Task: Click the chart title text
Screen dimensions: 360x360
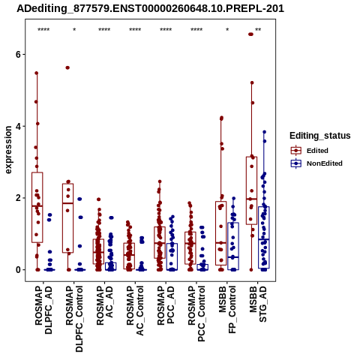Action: click(150, 8)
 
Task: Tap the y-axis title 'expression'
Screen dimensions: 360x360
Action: click(8, 150)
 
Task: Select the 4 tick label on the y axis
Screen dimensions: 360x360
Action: click(18, 126)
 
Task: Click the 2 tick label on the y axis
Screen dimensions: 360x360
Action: click(18, 198)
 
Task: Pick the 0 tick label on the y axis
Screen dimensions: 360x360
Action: click(18, 270)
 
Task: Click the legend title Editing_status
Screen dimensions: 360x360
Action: click(320, 136)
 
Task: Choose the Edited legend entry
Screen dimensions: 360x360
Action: click(309, 151)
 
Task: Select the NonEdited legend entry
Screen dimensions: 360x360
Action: click(316, 163)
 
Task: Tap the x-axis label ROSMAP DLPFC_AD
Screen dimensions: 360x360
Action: click(43, 310)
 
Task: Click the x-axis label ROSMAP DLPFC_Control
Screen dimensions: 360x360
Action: click(74, 319)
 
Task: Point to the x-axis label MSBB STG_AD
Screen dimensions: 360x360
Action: click(258, 304)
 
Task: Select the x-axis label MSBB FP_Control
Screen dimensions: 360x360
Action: click(227, 310)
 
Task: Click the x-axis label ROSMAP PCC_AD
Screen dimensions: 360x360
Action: click(166, 305)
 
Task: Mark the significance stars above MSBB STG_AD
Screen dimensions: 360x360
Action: click(258, 30)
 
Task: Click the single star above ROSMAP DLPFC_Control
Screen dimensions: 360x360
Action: click(74, 30)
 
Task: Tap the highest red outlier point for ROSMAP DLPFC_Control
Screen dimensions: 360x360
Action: click(67, 67)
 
